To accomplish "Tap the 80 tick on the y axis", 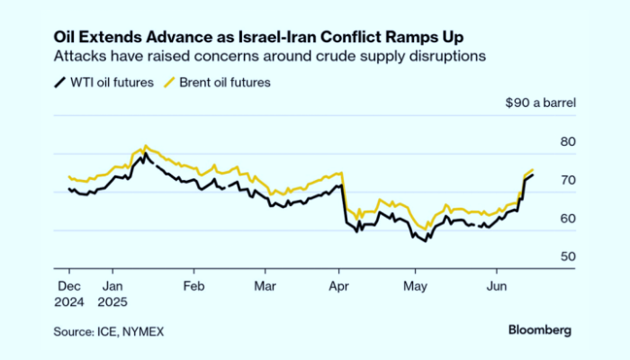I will [567, 142].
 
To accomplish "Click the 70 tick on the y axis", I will [567, 181].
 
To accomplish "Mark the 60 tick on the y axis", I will [567, 219].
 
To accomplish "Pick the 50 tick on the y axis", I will [567, 257].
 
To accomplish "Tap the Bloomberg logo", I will [539, 329].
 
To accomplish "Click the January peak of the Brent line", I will [146, 146].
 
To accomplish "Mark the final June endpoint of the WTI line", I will [533, 175].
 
